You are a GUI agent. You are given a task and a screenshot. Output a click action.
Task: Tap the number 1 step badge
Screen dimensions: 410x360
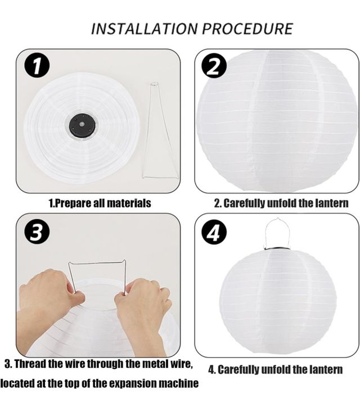37,66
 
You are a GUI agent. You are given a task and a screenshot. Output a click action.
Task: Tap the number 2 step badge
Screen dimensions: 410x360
214,66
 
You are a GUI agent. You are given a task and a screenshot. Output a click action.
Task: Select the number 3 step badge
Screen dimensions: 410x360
37,232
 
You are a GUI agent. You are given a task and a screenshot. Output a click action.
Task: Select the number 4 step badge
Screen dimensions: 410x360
214,233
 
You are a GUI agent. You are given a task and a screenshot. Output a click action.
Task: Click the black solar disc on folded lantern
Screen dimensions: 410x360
82,125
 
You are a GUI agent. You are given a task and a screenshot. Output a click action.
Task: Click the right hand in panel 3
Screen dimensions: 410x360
143,307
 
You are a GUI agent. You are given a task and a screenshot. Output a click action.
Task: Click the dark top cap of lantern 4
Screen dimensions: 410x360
277,249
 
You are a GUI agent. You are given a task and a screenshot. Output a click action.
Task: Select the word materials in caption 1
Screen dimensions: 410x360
128,204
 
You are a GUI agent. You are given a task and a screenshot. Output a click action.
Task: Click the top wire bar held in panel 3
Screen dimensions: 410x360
97,263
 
